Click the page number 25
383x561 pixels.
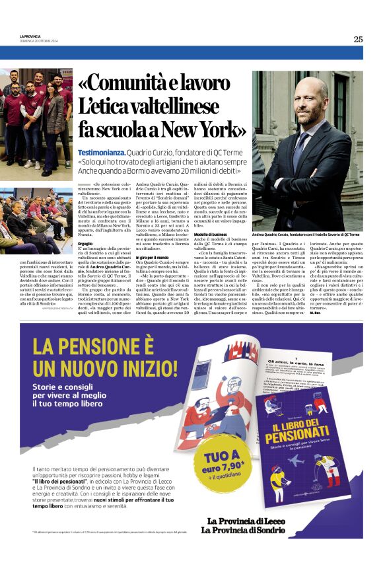[357, 39]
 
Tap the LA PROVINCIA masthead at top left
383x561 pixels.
[30, 36]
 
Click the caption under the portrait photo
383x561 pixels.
[306, 235]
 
